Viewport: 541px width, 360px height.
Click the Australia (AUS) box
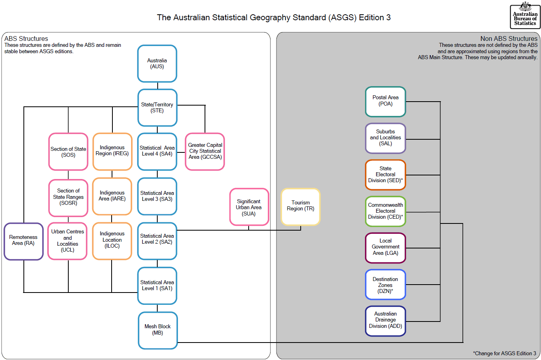pyautogui.click(x=157, y=64)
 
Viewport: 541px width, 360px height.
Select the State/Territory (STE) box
pyautogui.click(x=157, y=108)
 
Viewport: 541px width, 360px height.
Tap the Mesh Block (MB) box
pyautogui.click(x=158, y=330)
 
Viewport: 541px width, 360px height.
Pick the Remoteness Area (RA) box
pyautogui.click(x=23, y=241)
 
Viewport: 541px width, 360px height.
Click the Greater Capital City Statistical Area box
pyautogui.click(x=205, y=151)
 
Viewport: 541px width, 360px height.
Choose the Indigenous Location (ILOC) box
pyautogui.click(x=112, y=240)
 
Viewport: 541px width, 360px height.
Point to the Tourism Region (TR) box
pyautogui.click(x=300, y=206)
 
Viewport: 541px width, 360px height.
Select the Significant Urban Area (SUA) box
pyautogui.click(x=249, y=207)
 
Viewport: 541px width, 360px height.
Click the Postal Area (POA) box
pyautogui.click(x=385, y=101)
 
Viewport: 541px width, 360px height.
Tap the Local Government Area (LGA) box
pyautogui.click(x=385, y=247)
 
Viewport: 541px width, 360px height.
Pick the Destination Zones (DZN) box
pyautogui.click(x=385, y=285)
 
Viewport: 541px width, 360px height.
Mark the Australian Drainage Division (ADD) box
pyautogui.click(x=385, y=320)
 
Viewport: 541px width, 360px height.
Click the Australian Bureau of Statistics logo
pyautogui.click(x=525, y=16)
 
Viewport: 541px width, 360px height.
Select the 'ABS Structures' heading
pyautogui.click(x=26, y=39)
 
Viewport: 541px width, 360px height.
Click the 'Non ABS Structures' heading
pyautogui.click(x=508, y=39)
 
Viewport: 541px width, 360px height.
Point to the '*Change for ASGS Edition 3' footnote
pyautogui.click(x=504, y=353)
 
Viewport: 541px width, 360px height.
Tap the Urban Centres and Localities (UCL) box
pyautogui.click(x=68, y=241)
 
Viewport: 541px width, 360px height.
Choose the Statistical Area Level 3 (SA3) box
pyautogui.click(x=157, y=196)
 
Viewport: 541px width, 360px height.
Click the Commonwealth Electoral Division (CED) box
pyautogui.click(x=385, y=211)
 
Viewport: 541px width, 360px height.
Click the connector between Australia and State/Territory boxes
pyautogui.click(x=158, y=86)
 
